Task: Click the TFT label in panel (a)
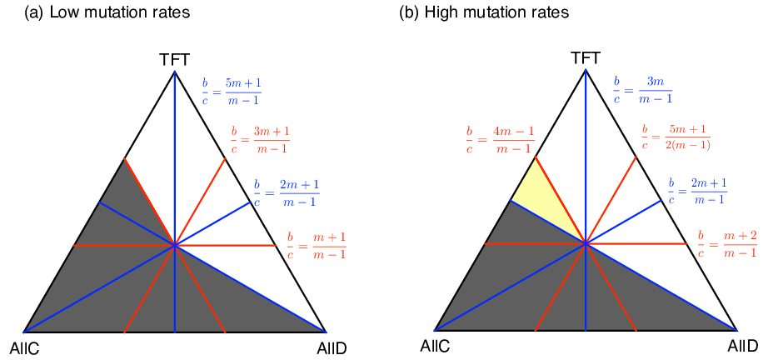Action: [174, 60]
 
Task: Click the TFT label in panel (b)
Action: [586, 59]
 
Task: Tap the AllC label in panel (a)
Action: [24, 348]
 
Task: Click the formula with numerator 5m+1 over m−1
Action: [232, 92]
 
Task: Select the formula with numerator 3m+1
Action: [260, 141]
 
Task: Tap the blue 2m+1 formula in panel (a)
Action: [286, 192]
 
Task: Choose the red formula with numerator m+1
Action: [317, 244]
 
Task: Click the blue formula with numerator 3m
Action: [643, 89]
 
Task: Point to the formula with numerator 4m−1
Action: [500, 140]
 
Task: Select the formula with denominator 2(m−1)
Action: [676, 137]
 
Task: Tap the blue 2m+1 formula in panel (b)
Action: [698, 191]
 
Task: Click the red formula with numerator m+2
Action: [727, 243]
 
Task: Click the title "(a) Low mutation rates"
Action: [107, 12]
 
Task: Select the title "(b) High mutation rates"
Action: [485, 12]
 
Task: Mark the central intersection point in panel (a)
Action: [175, 245]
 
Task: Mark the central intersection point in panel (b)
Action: [586, 243]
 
